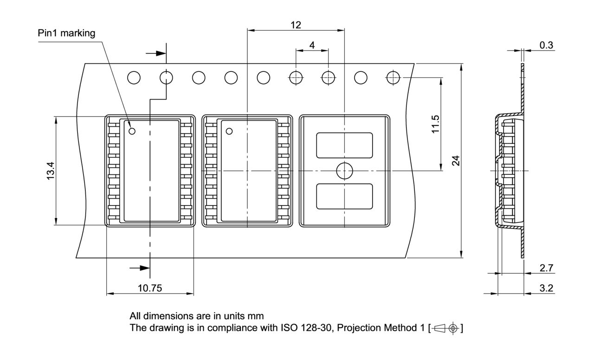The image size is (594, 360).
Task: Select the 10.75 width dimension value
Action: [149, 288]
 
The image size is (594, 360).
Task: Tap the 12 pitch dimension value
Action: [296, 25]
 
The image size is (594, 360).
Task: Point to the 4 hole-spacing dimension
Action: [312, 45]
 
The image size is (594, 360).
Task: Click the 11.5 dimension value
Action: [435, 123]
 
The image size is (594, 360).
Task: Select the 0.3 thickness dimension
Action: [546, 45]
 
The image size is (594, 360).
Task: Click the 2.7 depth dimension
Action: [546, 268]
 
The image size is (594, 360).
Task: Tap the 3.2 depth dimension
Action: [546, 288]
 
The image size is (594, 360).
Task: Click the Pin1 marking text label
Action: [67, 33]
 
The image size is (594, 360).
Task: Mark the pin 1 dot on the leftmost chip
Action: [132, 131]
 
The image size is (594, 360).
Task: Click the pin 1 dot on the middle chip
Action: [229, 131]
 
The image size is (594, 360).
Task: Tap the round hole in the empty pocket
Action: [344, 171]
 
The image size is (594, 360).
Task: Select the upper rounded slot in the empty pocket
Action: [344, 145]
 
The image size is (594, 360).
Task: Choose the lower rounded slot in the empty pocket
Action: [344, 196]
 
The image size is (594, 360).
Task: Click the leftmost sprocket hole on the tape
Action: [134, 77]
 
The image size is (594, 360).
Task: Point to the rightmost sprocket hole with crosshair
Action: [393, 77]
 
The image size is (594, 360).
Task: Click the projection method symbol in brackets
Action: [446, 328]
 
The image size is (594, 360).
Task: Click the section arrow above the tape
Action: [156, 53]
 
